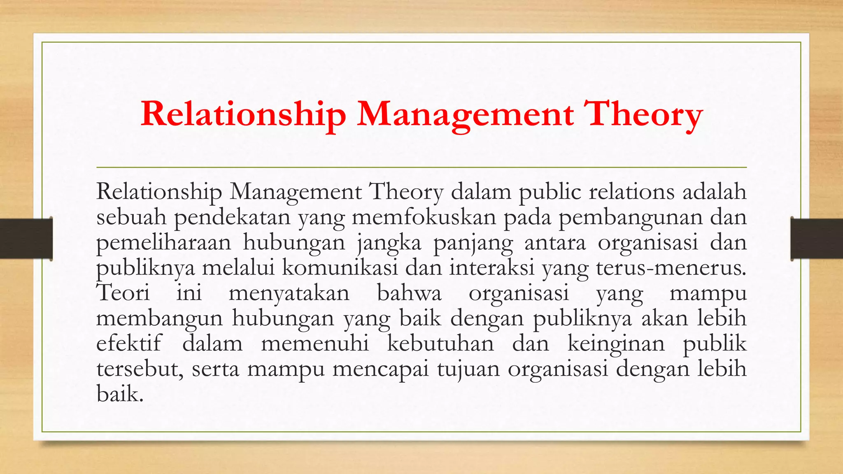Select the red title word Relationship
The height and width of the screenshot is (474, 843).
243,114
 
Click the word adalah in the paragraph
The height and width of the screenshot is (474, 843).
714,192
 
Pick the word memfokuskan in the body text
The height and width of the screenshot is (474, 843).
424,217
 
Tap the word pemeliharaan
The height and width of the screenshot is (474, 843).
164,242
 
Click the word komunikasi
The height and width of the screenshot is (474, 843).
340,267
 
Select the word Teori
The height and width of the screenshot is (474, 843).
123,293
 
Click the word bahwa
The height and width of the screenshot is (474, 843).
409,293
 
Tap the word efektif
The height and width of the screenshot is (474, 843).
129,343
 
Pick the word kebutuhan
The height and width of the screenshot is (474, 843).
440,343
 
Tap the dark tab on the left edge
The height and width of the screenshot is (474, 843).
26,239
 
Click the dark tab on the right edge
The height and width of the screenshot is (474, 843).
817,239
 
